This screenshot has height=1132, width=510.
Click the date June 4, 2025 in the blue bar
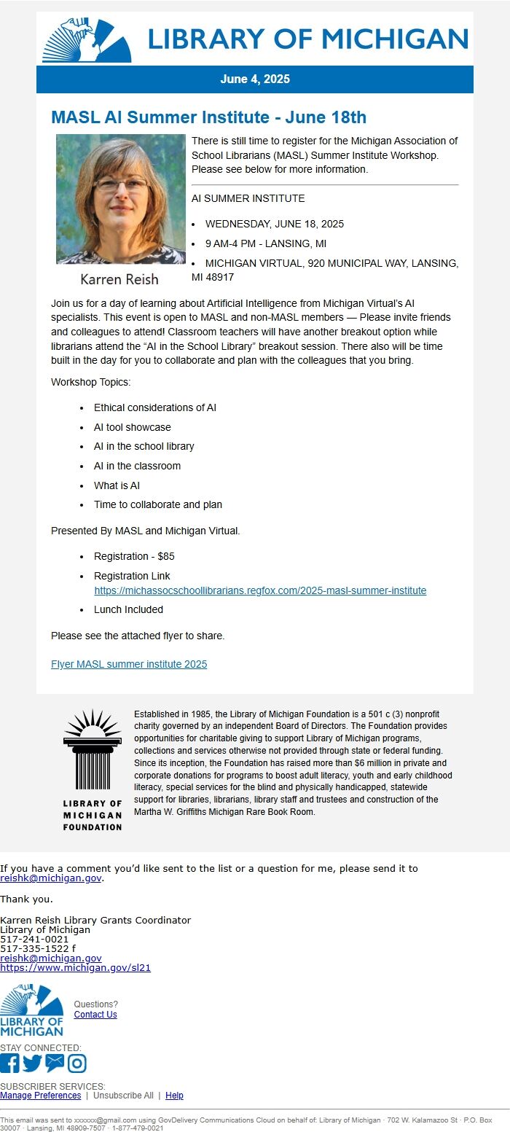[x=255, y=79]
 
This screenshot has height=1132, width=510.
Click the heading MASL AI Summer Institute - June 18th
[x=208, y=117]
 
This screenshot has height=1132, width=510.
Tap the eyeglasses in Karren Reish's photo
[x=120, y=184]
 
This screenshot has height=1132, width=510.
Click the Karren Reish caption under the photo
[x=119, y=279]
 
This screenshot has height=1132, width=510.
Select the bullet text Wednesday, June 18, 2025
[x=274, y=224]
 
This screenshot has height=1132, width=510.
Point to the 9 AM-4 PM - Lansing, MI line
[x=265, y=243]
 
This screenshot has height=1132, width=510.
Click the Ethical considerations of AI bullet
[x=154, y=407]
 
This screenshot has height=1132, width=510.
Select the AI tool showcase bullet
[x=132, y=427]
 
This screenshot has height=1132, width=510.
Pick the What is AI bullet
[x=117, y=485]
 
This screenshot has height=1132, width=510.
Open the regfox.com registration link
[x=260, y=590]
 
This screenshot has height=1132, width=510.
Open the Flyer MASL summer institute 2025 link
[x=129, y=664]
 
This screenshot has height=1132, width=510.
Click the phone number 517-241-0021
[x=34, y=939]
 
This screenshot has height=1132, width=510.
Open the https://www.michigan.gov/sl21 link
[x=75, y=967]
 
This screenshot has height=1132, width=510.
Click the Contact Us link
[x=95, y=1015]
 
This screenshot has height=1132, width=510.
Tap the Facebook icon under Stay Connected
[x=9, y=1063]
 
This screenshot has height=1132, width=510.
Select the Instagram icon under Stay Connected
[x=77, y=1063]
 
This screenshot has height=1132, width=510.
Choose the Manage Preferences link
[x=40, y=1096]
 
